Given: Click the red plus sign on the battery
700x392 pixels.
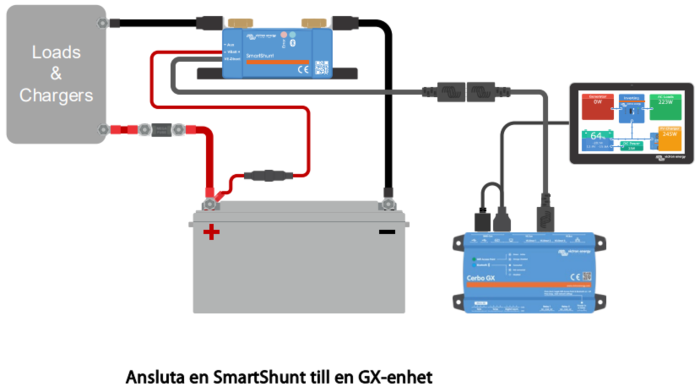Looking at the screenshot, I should tap(211, 231).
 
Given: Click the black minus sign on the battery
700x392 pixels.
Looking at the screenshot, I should tap(386, 231).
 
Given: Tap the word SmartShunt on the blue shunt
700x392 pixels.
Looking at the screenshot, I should tap(259, 55).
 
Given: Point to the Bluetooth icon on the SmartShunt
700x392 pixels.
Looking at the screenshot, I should tap(294, 43).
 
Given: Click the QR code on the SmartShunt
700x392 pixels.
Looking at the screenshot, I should tap(321, 67).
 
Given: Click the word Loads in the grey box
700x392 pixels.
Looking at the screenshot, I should tap(56, 52).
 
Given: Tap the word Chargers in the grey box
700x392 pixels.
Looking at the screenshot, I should tap(56, 95).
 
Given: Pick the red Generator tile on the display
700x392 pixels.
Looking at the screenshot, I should tap(597, 106).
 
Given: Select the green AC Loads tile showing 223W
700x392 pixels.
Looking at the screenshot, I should tap(665, 106).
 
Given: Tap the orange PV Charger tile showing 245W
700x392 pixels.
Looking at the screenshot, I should tap(669, 138).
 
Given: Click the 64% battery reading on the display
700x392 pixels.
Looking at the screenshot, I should tap(597, 136).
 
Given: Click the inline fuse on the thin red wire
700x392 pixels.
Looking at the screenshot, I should tap(268, 175).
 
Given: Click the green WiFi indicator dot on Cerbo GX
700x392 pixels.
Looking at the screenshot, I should tap(473, 259).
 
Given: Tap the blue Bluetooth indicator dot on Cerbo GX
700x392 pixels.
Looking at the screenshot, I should tap(473, 265).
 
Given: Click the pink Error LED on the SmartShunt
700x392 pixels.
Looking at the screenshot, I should tap(283, 35).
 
